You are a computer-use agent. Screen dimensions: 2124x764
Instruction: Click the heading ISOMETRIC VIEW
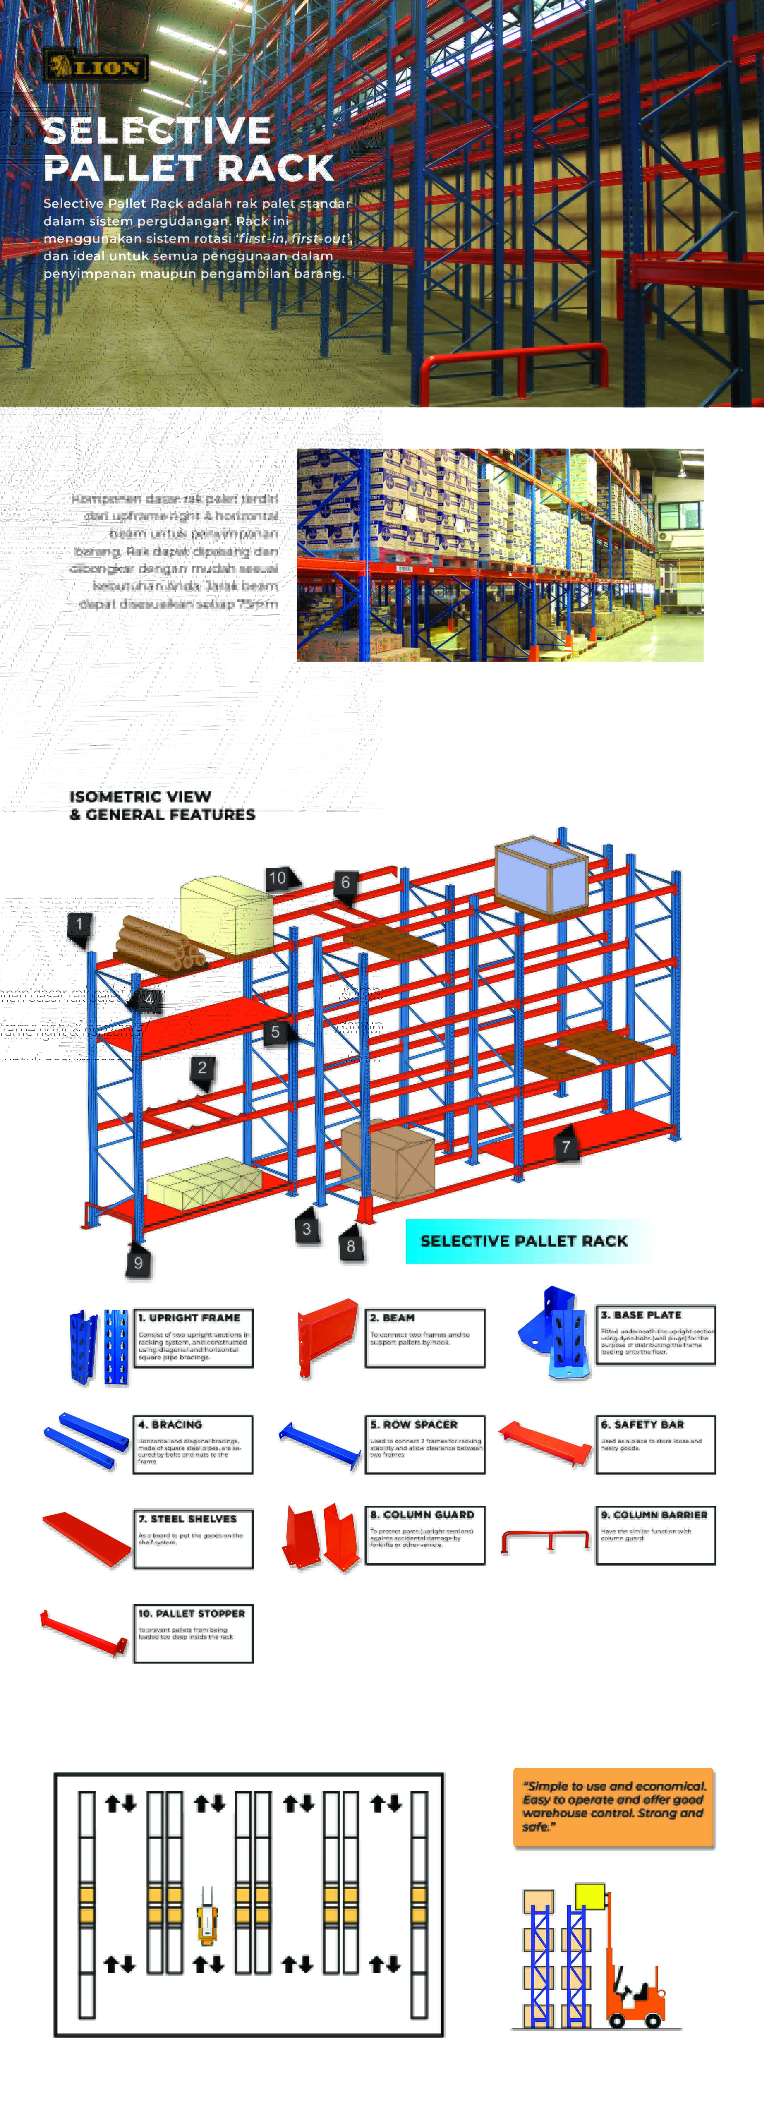point(140,797)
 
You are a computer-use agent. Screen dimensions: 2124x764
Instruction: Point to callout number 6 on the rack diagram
point(345,882)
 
